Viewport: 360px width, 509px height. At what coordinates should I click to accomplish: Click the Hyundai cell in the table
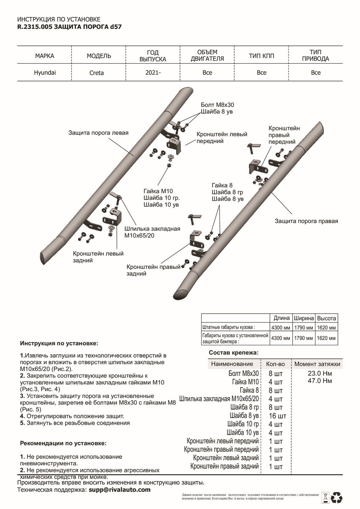45,73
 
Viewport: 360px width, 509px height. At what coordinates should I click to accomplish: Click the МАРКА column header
45,56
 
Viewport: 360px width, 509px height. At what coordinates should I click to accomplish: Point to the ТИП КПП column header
262,56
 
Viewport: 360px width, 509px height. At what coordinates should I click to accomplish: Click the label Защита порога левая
98,133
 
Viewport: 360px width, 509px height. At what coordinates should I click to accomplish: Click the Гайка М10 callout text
156,191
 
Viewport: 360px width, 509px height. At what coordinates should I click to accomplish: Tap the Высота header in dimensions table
327,318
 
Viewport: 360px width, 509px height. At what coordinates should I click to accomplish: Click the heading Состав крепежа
233,352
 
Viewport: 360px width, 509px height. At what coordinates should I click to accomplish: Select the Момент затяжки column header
317,364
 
